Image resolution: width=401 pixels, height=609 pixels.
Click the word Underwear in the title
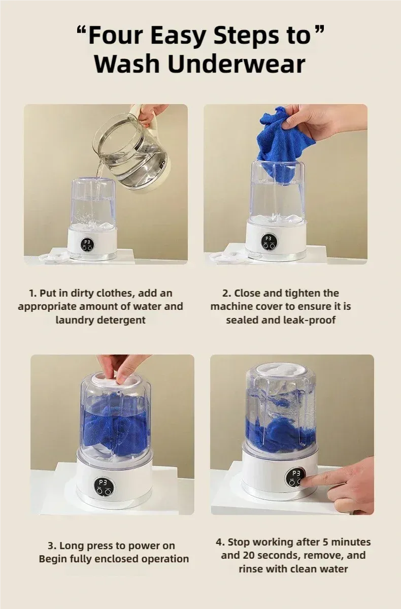click(237, 64)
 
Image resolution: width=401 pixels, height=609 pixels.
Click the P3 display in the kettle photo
click(87, 242)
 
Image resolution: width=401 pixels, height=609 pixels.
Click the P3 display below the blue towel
click(268, 238)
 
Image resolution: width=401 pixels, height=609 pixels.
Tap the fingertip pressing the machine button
click(304, 482)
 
